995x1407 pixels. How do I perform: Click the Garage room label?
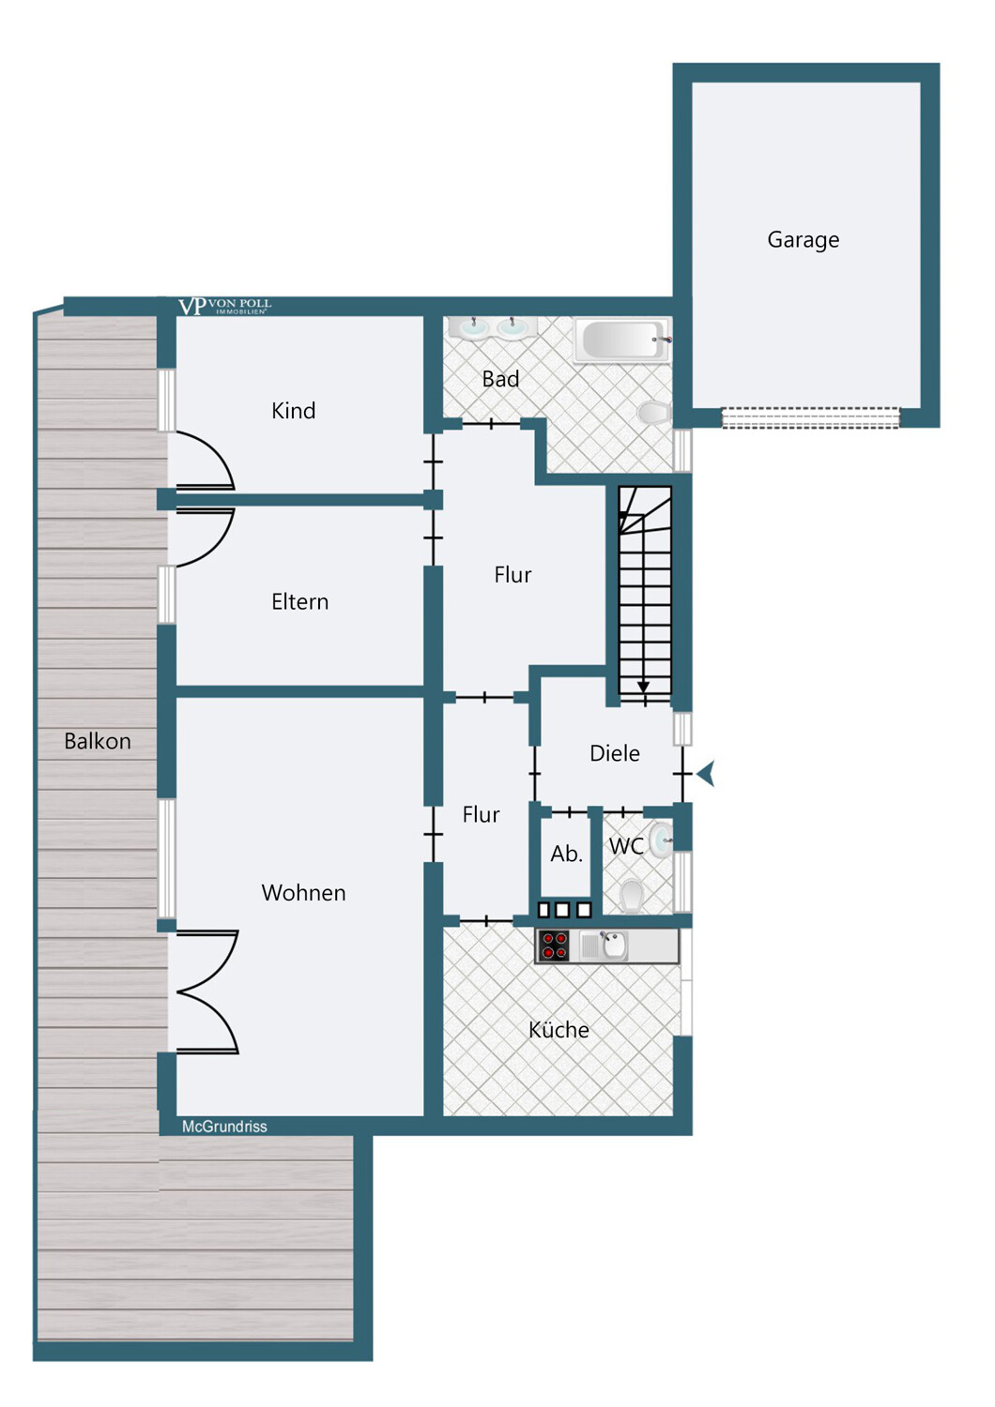803,240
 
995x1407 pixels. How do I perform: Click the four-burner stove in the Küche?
554,946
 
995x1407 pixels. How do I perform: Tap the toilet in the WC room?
631,895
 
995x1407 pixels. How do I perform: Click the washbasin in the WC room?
660,840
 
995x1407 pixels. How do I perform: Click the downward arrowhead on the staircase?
643,688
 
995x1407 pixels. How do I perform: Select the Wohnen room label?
303,893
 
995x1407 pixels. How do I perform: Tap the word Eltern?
299,602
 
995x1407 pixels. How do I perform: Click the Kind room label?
294,411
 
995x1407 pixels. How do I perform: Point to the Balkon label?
98,741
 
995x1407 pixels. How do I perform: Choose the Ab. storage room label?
566,854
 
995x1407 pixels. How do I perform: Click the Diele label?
615,753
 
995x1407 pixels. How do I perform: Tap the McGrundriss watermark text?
224,1127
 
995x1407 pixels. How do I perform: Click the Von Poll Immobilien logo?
225,307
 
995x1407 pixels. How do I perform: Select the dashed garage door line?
810,417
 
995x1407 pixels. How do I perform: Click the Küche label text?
559,1030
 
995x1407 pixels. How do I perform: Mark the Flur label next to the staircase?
513,575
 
